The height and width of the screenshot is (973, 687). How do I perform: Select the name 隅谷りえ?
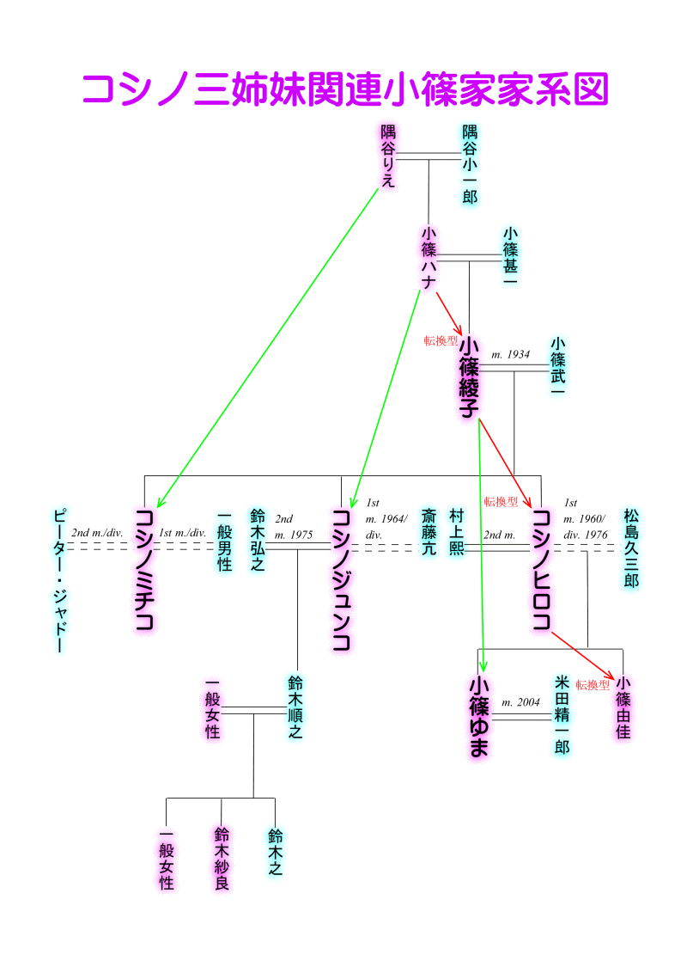(389, 157)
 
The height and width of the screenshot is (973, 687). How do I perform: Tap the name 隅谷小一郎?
(470, 164)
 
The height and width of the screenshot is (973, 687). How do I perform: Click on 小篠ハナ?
(429, 260)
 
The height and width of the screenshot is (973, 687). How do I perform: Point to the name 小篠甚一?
(511, 260)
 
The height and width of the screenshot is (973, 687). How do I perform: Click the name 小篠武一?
(557, 366)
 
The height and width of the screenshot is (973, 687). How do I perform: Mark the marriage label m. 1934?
(511, 354)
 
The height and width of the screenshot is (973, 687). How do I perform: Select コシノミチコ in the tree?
(144, 570)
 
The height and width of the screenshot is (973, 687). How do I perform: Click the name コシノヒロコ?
(541, 570)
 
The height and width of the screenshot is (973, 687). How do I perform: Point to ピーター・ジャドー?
(58, 580)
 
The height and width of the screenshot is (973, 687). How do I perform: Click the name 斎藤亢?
(429, 532)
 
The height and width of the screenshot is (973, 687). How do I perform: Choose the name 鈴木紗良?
(222, 858)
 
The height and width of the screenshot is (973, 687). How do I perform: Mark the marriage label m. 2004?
(520, 702)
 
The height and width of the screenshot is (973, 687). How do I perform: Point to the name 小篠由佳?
(623, 708)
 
